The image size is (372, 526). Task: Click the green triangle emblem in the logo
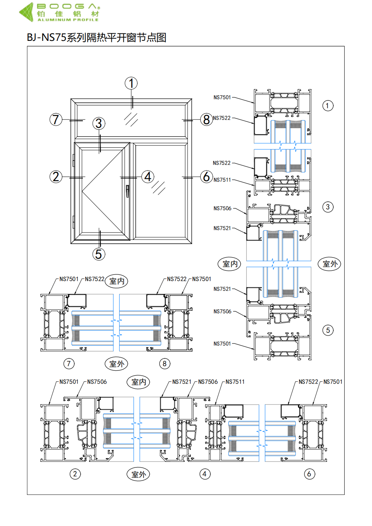[27, 12]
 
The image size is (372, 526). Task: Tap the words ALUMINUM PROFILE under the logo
[68, 20]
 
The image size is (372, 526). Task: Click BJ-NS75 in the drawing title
[46, 37]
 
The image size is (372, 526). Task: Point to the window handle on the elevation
[127, 191]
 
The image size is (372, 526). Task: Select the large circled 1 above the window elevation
[131, 83]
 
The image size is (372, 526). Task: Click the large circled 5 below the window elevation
[99, 254]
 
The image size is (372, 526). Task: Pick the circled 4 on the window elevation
[148, 177]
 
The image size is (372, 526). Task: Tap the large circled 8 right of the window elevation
[206, 120]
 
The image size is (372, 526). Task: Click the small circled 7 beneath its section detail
[69, 363]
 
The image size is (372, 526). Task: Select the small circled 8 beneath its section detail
[165, 363]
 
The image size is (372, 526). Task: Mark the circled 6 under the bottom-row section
[309, 474]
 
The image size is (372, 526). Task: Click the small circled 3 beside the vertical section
[328, 207]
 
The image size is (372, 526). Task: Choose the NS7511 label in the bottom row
[235, 382]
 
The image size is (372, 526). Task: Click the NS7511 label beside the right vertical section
[222, 180]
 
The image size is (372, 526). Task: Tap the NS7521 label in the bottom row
[182, 382]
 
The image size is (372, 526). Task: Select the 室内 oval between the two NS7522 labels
[117, 281]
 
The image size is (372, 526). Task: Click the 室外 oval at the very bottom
[138, 474]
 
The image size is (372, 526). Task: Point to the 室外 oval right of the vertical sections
[330, 264]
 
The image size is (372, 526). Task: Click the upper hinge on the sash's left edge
[73, 160]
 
